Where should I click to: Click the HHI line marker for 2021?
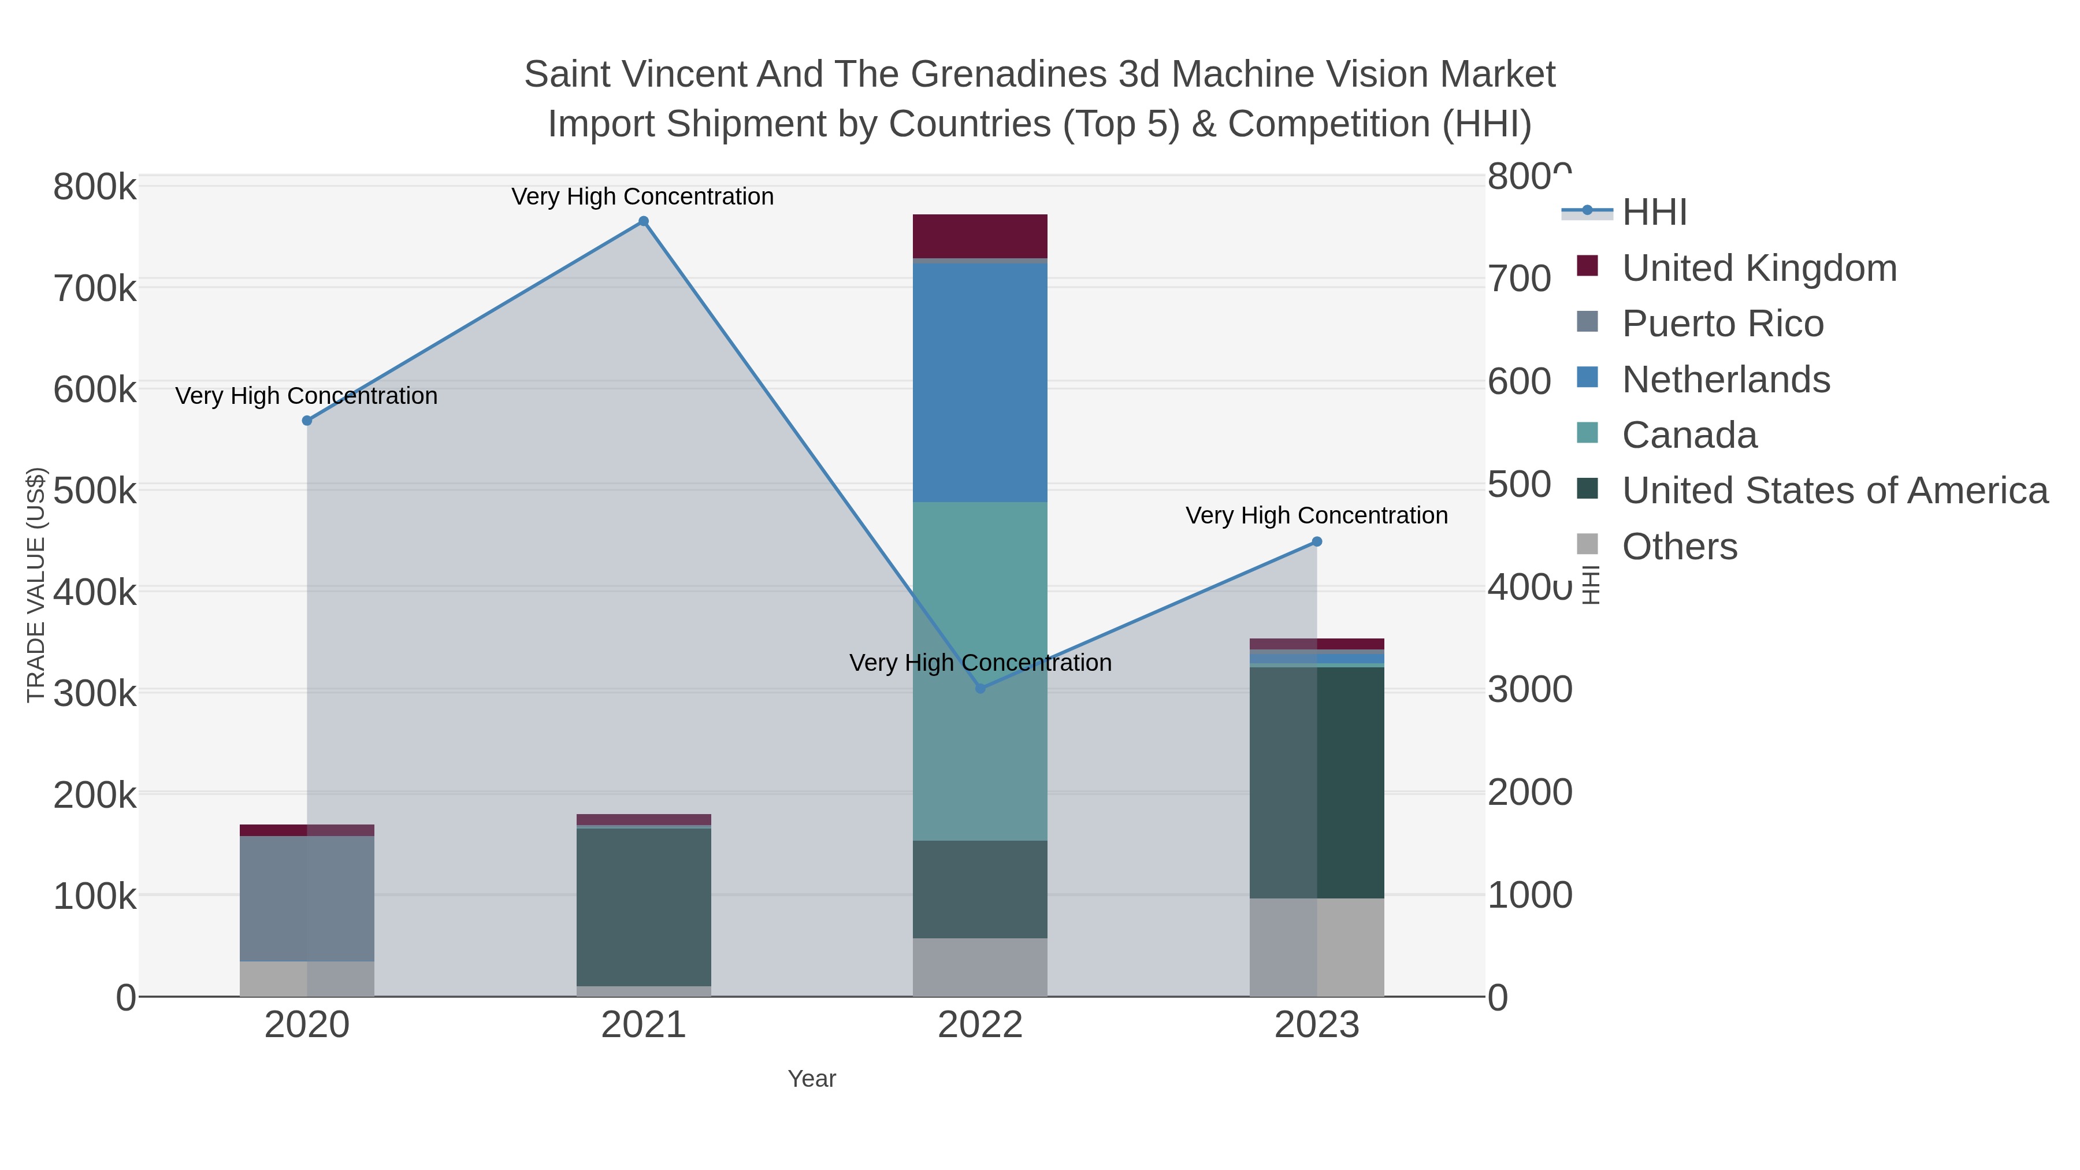click(x=644, y=221)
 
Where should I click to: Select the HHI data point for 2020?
click(x=307, y=421)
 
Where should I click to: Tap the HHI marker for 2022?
click(x=980, y=689)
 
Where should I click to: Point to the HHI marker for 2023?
click(x=1317, y=542)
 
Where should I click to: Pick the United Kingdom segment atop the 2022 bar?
click(x=980, y=236)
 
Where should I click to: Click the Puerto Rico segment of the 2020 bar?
click(x=307, y=898)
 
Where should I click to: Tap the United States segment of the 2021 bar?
click(x=644, y=907)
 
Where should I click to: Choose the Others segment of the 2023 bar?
click(x=1317, y=946)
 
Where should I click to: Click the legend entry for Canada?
click(x=1689, y=435)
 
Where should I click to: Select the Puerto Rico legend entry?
click(x=1722, y=324)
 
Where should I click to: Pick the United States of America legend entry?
click(x=1834, y=491)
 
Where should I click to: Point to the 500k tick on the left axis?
click(x=95, y=490)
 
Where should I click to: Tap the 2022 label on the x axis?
click(x=980, y=1026)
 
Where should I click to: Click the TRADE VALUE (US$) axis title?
click(x=36, y=585)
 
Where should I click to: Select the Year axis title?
click(x=812, y=1079)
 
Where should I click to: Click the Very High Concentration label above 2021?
click(x=642, y=196)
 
